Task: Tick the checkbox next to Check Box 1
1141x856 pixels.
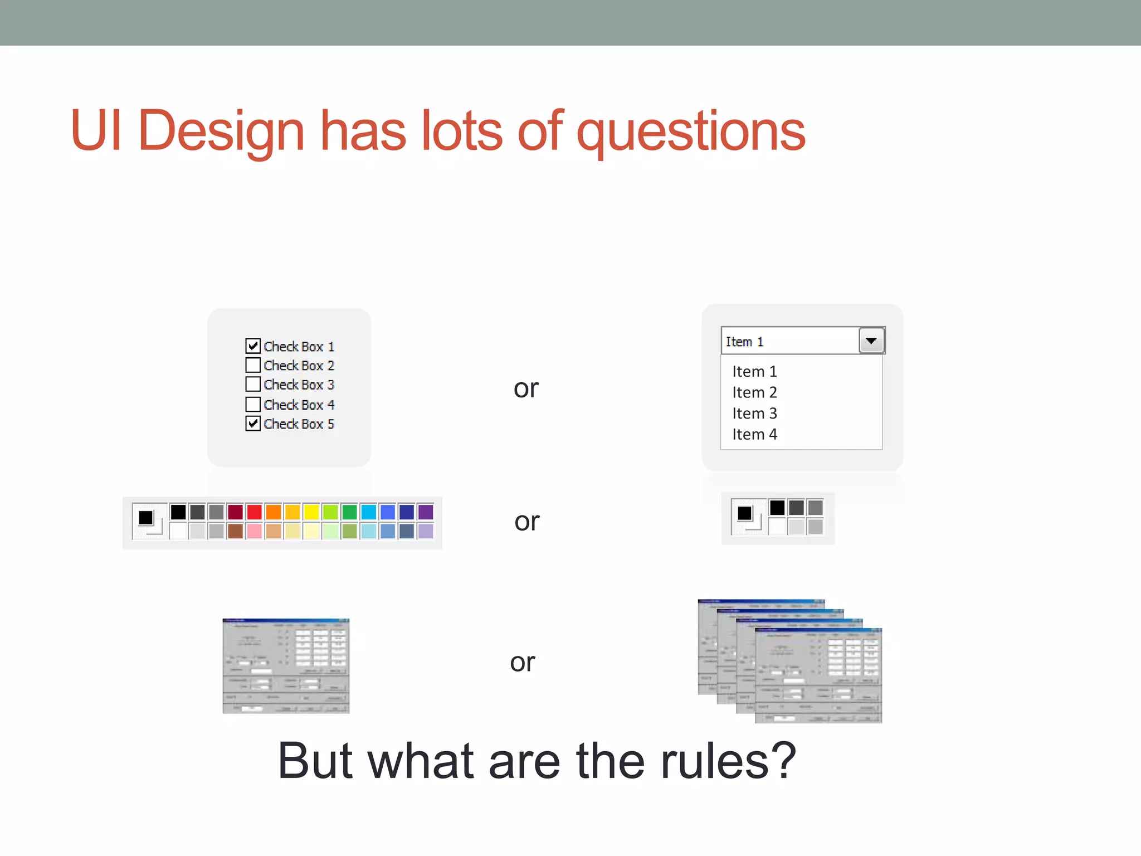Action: pyautogui.click(x=253, y=346)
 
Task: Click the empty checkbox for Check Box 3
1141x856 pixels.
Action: pyautogui.click(x=253, y=385)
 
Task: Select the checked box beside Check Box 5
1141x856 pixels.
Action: pyautogui.click(x=253, y=424)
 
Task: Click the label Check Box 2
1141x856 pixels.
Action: pyautogui.click(x=299, y=366)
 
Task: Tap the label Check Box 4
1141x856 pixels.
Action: pyautogui.click(x=299, y=405)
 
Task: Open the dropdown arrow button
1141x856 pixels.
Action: pyautogui.click(x=871, y=341)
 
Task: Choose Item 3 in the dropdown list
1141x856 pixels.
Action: pyautogui.click(x=754, y=414)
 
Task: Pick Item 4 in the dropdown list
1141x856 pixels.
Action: pyautogui.click(x=754, y=435)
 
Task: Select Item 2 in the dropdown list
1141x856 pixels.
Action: pyautogui.click(x=754, y=392)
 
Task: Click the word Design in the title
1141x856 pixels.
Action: pyautogui.click(x=221, y=131)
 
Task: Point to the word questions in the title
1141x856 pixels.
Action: pyautogui.click(x=691, y=132)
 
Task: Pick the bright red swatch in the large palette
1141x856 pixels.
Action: pyautogui.click(x=254, y=512)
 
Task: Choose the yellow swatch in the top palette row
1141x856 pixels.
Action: pyautogui.click(x=311, y=512)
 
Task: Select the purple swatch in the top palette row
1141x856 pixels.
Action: pyautogui.click(x=426, y=512)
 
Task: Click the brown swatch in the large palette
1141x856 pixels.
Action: pyautogui.click(x=235, y=531)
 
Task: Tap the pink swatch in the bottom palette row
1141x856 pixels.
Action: pyautogui.click(x=254, y=531)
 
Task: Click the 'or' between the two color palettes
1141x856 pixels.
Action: pyautogui.click(x=526, y=522)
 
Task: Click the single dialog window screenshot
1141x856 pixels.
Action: pyautogui.click(x=286, y=666)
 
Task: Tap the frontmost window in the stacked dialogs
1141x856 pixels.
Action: pyautogui.click(x=818, y=675)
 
